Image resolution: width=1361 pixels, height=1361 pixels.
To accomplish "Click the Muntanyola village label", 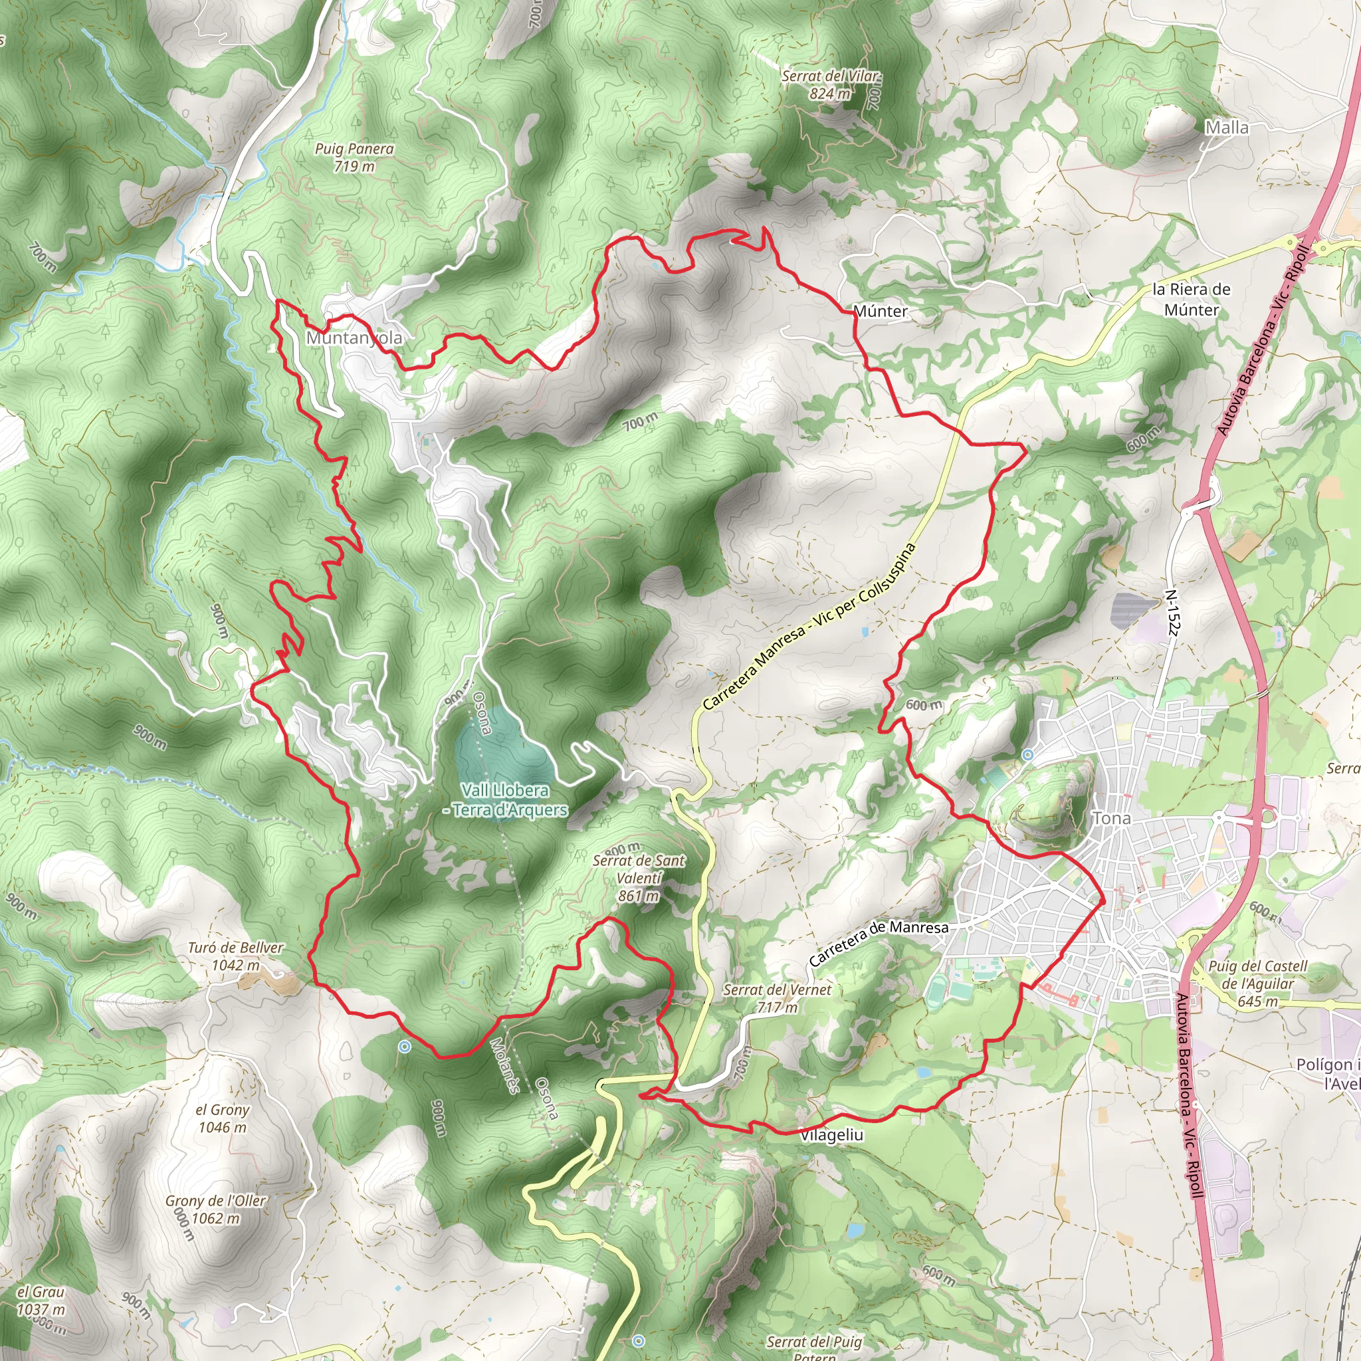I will coord(354,338).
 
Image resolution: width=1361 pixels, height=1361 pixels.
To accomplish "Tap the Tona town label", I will coord(1111,818).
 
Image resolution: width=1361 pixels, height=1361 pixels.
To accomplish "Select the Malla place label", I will coord(1227,128).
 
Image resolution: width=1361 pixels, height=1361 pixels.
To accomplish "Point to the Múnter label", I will coord(881,310).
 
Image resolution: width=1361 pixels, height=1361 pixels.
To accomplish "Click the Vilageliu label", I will coord(831,1135).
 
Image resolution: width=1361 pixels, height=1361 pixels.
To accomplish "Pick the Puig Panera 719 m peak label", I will coord(354,157).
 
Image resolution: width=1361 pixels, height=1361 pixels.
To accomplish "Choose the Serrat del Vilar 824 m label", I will coord(831,84).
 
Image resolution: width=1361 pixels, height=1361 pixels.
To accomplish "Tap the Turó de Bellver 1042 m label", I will coord(235,956).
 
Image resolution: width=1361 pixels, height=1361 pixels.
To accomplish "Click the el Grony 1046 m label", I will coord(223,1118).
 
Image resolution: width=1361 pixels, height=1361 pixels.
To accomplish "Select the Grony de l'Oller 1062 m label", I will coord(215,1209).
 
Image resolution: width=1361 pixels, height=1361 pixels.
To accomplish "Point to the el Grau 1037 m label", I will coord(41,1301).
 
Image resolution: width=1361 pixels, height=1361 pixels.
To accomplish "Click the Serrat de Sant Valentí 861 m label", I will coord(639,878).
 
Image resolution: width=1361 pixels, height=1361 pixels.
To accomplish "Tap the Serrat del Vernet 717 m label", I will coord(777,998).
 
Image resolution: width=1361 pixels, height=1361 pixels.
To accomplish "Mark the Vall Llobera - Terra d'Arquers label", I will coord(505,800).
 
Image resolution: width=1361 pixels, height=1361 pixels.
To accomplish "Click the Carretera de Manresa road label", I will coord(879,942).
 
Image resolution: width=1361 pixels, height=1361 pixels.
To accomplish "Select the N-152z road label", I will coord(1171,612).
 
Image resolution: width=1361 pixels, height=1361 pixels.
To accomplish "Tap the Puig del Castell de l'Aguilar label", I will coord(1257,984).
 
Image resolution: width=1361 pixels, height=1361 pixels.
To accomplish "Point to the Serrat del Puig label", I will coord(814,1342).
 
